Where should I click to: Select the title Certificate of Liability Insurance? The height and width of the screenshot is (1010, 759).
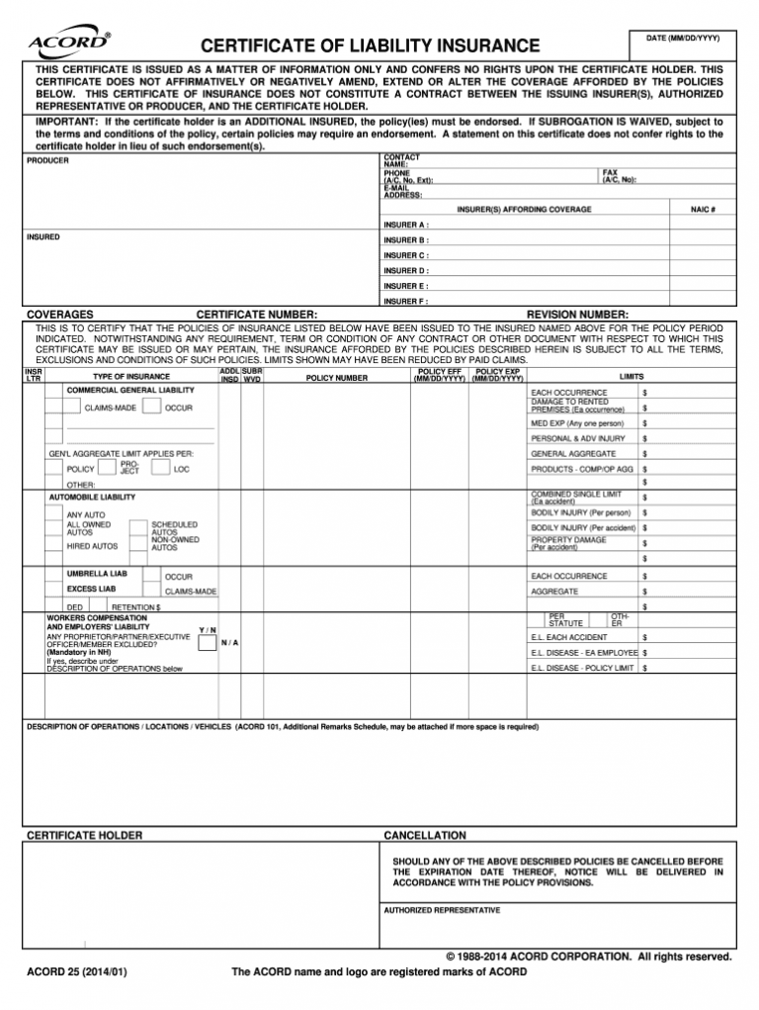coord(371,46)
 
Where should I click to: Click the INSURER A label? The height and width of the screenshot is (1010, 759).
coord(406,225)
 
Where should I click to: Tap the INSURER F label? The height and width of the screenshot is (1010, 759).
coord(406,301)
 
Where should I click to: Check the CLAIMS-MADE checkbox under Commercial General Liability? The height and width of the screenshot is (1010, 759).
coord(73,408)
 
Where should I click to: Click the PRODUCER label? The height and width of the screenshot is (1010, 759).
coord(47,160)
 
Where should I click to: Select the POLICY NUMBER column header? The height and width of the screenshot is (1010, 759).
coord(337,377)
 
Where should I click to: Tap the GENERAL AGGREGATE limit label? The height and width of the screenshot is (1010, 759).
coord(574,454)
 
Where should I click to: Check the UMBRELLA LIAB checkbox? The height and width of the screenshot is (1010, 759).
coord(55,574)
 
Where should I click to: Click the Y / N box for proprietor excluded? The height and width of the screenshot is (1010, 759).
coord(208,643)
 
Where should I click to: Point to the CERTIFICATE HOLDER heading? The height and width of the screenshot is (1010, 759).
coord(84,836)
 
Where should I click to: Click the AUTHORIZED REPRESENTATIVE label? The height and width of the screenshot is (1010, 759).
coord(442,910)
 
